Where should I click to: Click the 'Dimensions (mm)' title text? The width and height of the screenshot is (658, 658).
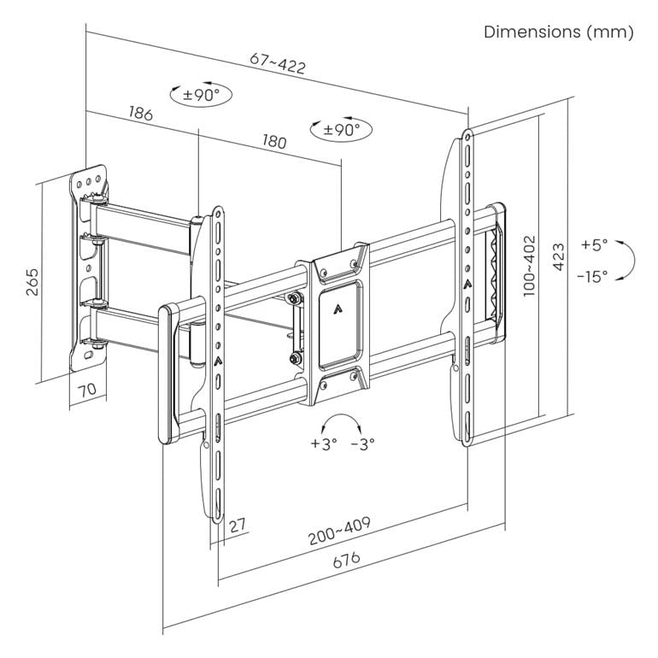559,32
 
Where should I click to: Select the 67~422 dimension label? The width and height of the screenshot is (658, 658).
278,62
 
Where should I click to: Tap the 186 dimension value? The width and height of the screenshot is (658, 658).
141,113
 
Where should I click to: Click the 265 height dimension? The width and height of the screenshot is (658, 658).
32,281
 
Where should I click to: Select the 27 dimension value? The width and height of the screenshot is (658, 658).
238,524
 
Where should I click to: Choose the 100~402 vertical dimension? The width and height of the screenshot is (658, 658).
530,265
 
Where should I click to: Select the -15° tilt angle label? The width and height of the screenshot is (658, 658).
592,276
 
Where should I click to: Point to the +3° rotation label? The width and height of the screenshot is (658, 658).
324,444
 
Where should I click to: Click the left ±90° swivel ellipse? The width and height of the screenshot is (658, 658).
201,94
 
